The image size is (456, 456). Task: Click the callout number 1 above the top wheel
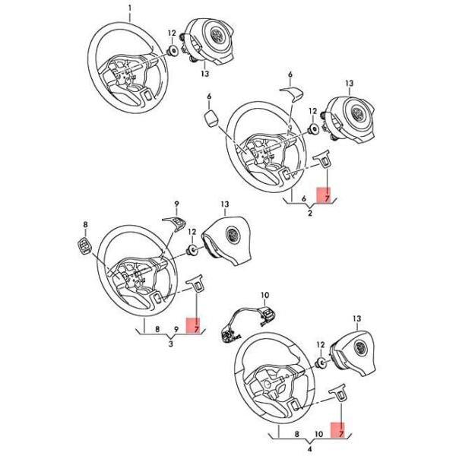click(x=130, y=8)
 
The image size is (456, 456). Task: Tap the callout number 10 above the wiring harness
click(x=265, y=296)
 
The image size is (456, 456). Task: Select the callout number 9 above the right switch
click(x=176, y=204)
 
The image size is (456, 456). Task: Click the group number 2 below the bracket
click(x=310, y=213)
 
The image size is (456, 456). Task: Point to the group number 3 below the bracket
click(x=171, y=344)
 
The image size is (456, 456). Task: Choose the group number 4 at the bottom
click(x=310, y=449)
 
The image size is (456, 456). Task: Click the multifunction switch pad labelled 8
click(x=84, y=245)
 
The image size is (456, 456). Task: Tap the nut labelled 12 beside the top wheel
click(x=173, y=51)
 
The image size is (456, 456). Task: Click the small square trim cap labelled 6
click(x=211, y=117)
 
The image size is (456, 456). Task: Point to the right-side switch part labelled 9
click(x=175, y=223)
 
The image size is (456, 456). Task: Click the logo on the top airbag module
click(x=217, y=36)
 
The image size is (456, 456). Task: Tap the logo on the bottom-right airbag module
click(x=360, y=348)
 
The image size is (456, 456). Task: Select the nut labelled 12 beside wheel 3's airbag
click(x=192, y=250)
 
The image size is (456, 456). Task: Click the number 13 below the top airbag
click(x=205, y=73)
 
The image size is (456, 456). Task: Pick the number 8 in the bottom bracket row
click(x=297, y=434)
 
